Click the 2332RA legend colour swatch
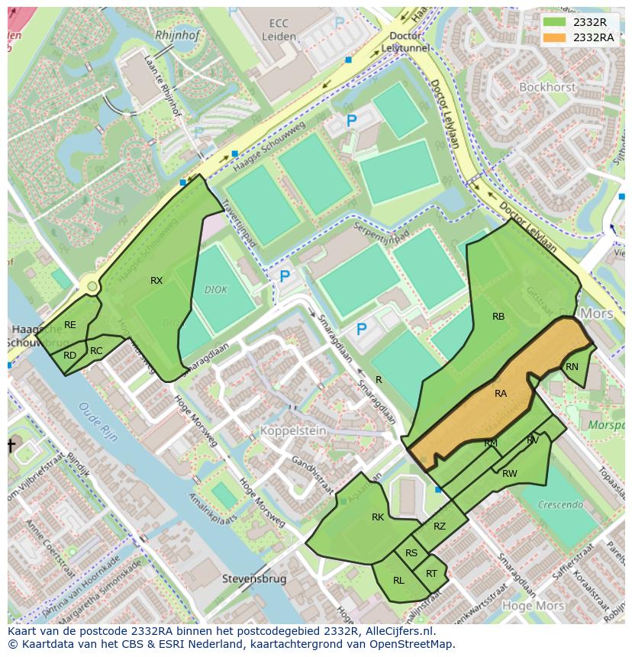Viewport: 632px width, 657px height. (x=555, y=37)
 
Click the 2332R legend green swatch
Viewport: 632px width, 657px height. (x=555, y=22)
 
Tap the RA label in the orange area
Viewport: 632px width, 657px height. (x=501, y=394)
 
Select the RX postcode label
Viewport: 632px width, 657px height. (x=156, y=281)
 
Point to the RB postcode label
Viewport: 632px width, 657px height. (x=498, y=316)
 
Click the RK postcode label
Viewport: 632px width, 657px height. (x=378, y=517)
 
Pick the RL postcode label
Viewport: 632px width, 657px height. (x=398, y=581)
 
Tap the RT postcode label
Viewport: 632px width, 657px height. (x=432, y=574)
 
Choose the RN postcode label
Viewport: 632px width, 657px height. (x=572, y=367)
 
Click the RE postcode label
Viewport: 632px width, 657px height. (x=70, y=325)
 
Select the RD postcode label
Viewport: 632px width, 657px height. (x=69, y=356)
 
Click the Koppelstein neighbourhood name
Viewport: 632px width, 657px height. (x=293, y=431)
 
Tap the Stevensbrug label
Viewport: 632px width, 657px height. (x=254, y=579)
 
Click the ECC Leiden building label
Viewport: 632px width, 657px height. (x=278, y=30)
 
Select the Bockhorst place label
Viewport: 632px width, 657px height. (x=547, y=88)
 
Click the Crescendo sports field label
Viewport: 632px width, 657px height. (x=560, y=504)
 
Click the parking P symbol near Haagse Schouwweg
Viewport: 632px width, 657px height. (x=352, y=121)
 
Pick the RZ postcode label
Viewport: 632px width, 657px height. (x=440, y=527)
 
